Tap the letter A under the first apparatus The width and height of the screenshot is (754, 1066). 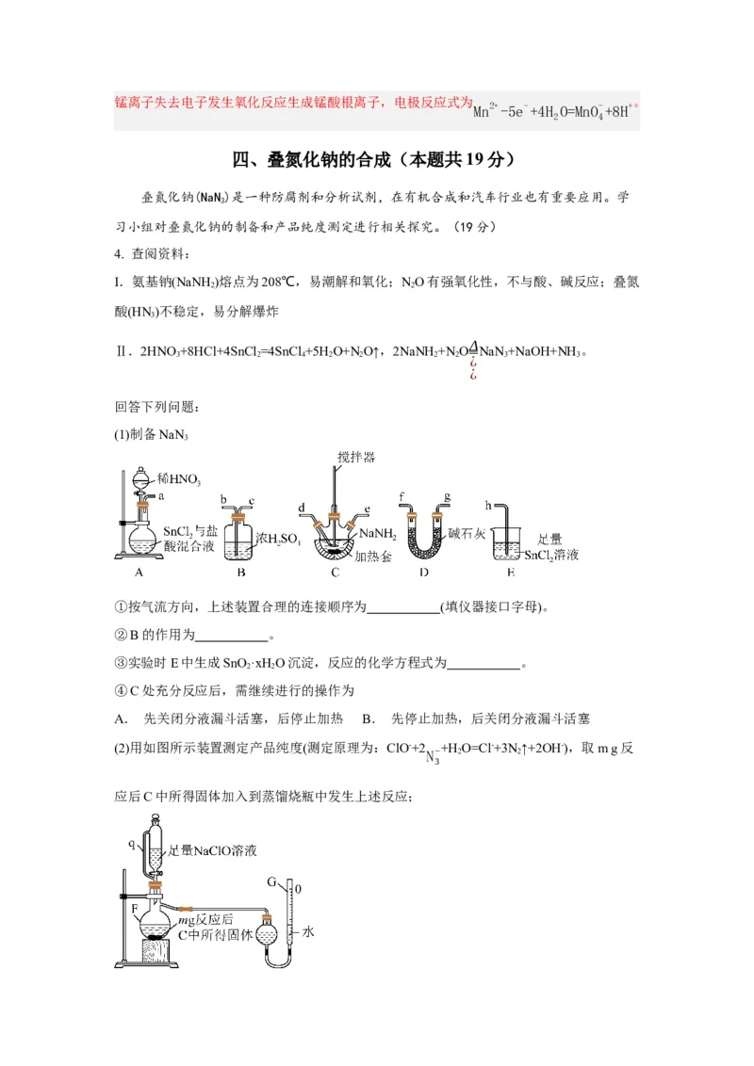(139, 572)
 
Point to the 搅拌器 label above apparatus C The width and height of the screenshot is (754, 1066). (355, 457)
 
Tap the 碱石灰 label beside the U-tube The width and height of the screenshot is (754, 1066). (467, 533)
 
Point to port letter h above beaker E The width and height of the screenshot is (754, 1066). (487, 505)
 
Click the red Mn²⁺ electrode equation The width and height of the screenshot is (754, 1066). (556, 110)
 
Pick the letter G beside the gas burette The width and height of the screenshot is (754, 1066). (271, 883)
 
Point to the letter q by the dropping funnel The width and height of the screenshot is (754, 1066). (132, 845)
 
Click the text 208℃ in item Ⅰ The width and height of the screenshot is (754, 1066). (279, 282)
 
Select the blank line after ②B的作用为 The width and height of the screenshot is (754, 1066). (232, 636)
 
